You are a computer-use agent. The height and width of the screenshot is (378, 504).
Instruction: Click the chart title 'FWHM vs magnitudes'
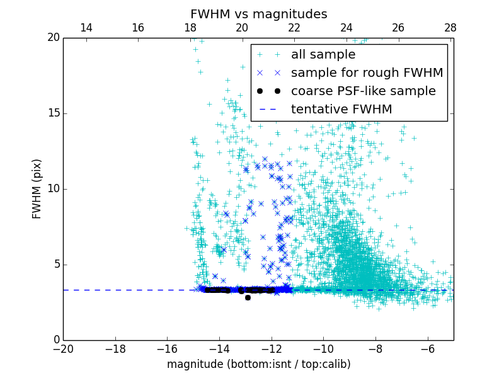(258, 14)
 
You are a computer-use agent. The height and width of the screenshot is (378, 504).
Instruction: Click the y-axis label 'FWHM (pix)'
(37, 189)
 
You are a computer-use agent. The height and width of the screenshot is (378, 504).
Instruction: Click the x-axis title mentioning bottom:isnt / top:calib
(258, 364)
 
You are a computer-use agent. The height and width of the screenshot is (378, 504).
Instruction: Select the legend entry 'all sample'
(323, 55)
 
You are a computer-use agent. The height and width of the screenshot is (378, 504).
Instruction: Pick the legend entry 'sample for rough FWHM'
(367, 73)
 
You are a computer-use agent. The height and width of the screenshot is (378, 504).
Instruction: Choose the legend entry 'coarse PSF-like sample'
(363, 91)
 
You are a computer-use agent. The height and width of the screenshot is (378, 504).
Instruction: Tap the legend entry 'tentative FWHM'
(341, 110)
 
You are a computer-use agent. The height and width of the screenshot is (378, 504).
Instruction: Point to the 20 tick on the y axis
(53, 38)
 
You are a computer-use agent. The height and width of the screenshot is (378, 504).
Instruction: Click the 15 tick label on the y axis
(53, 113)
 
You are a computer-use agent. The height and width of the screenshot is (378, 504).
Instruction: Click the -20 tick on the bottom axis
(63, 349)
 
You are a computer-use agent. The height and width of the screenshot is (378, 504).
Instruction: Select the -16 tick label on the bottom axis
(167, 349)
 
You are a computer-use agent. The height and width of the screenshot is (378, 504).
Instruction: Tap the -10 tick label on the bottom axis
(323, 349)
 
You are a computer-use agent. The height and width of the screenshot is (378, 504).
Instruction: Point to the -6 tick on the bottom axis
(427, 349)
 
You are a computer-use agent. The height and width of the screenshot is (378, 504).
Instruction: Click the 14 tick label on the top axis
(86, 28)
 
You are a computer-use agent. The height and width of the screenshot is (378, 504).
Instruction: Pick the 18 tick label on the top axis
(190, 28)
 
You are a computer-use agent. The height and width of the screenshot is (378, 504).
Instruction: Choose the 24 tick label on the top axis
(346, 28)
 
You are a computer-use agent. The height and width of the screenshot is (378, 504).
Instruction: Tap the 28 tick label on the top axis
(450, 28)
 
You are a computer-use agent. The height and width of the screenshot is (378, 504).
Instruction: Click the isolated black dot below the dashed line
(248, 297)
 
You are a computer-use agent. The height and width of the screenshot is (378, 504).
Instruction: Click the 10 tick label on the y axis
(53, 189)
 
